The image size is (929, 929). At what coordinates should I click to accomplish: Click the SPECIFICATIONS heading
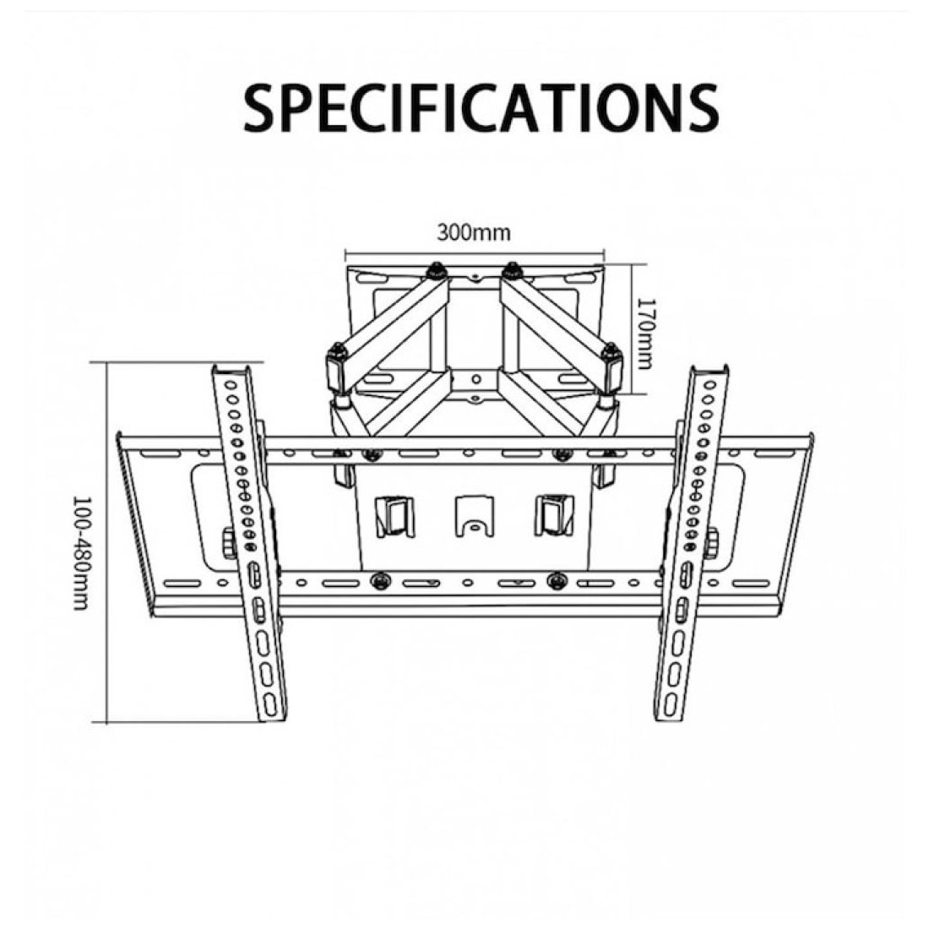(481, 107)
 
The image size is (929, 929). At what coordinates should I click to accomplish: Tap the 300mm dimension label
(474, 232)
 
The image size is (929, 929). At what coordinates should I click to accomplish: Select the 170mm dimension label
(644, 332)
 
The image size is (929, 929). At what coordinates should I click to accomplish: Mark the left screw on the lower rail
(380, 581)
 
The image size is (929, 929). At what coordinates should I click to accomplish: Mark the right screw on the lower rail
(557, 581)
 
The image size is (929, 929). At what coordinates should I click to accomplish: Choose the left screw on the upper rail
(372, 455)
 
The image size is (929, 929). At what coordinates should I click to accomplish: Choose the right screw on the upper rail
(562, 455)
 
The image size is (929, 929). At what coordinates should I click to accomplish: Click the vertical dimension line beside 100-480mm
(106, 542)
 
